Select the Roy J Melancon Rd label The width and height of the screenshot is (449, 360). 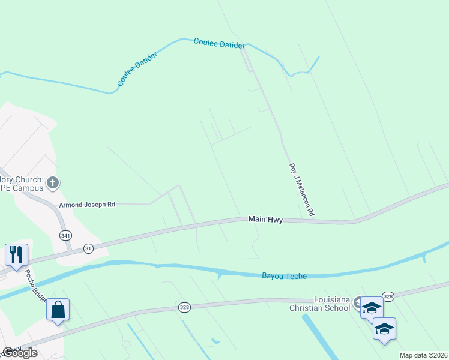[302, 190]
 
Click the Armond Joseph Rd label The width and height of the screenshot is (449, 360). [86, 205]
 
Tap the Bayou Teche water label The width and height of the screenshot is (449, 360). [284, 276]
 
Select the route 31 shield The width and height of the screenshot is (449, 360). [88, 248]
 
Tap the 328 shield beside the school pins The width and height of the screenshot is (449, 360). [388, 296]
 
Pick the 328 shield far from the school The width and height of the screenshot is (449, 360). [184, 307]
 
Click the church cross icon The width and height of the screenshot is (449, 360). [53, 182]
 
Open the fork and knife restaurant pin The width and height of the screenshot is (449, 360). [16, 254]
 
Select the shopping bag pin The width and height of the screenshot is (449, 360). [58, 310]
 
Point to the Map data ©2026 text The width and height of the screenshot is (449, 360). [423, 355]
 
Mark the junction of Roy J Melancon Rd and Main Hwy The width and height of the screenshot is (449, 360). [313, 221]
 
